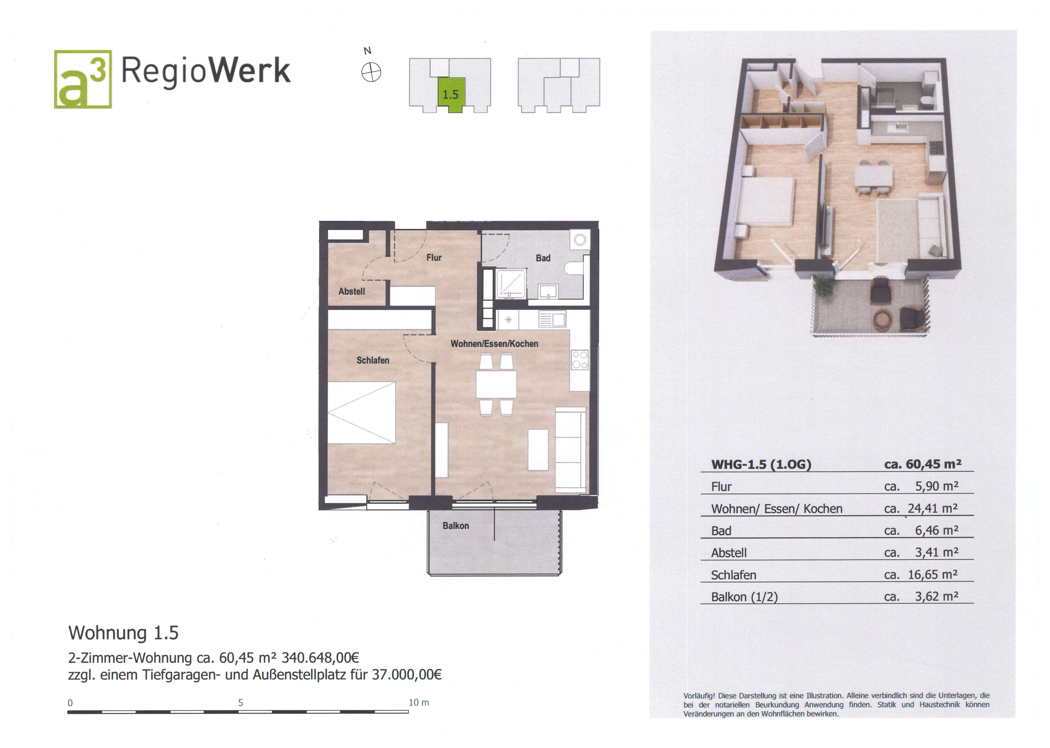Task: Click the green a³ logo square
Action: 83,79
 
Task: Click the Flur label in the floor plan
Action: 434,258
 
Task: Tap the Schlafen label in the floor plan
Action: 373,360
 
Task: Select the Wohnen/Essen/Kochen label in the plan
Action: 494,344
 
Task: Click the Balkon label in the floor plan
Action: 456,525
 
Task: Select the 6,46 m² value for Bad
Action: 936,531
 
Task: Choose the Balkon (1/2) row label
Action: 744,597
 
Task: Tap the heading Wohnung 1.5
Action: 123,633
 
